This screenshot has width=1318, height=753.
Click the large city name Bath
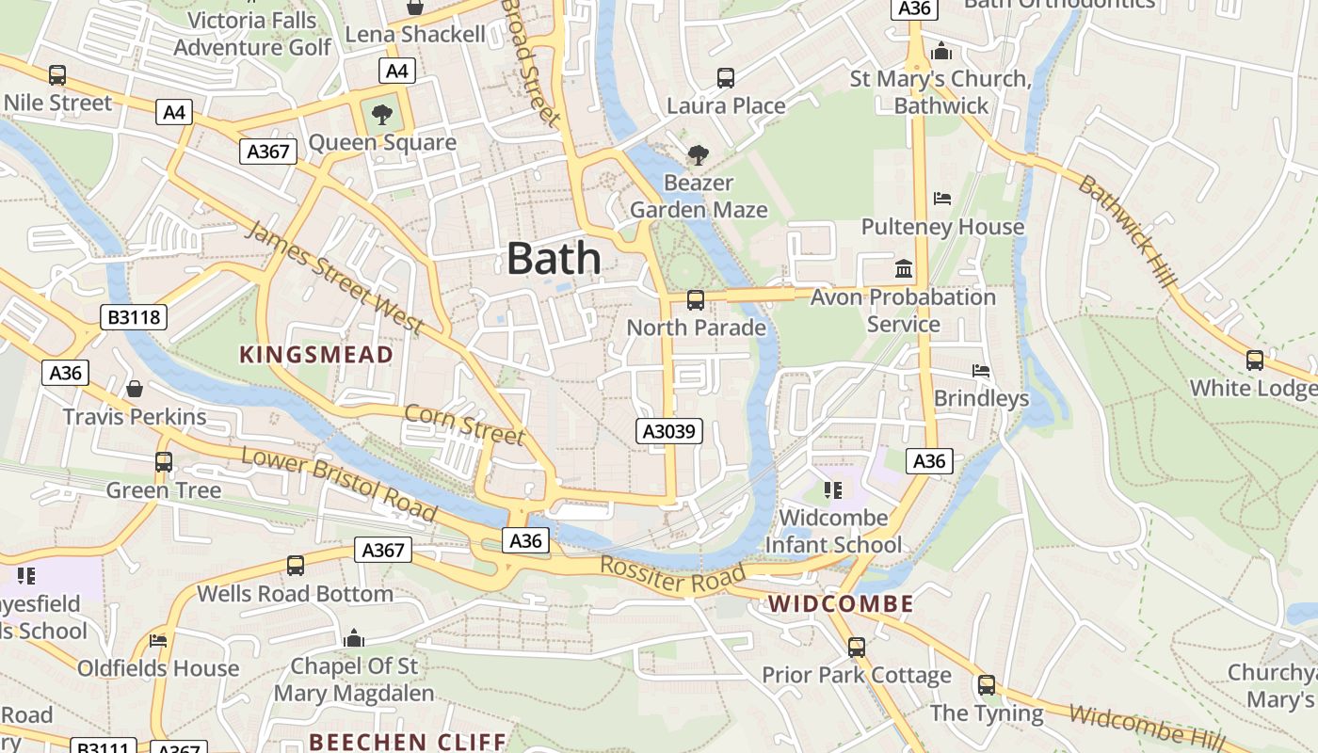(554, 258)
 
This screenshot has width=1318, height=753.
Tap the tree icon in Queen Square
(382, 115)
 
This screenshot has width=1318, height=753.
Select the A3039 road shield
(669, 431)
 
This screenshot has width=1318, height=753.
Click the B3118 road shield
(134, 317)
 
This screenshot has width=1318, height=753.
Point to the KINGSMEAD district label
(315, 355)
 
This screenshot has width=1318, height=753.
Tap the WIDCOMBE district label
(841, 604)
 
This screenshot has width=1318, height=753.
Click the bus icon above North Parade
(696, 300)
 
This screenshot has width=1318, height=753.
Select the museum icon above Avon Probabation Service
(904, 269)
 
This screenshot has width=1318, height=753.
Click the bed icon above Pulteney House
(942, 199)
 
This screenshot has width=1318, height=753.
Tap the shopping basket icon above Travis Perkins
(135, 388)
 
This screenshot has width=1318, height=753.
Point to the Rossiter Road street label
(673, 575)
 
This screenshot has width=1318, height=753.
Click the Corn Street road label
(463, 424)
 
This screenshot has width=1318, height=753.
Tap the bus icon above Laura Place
(725, 78)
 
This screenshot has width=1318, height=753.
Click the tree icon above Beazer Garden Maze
(698, 154)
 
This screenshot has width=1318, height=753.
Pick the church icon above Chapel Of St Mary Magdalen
(354, 638)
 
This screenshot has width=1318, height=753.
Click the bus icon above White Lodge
(1254, 360)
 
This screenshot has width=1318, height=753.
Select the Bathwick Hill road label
(1127, 232)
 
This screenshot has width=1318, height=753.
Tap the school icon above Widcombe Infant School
(832, 489)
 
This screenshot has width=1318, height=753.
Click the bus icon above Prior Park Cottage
(856, 648)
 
